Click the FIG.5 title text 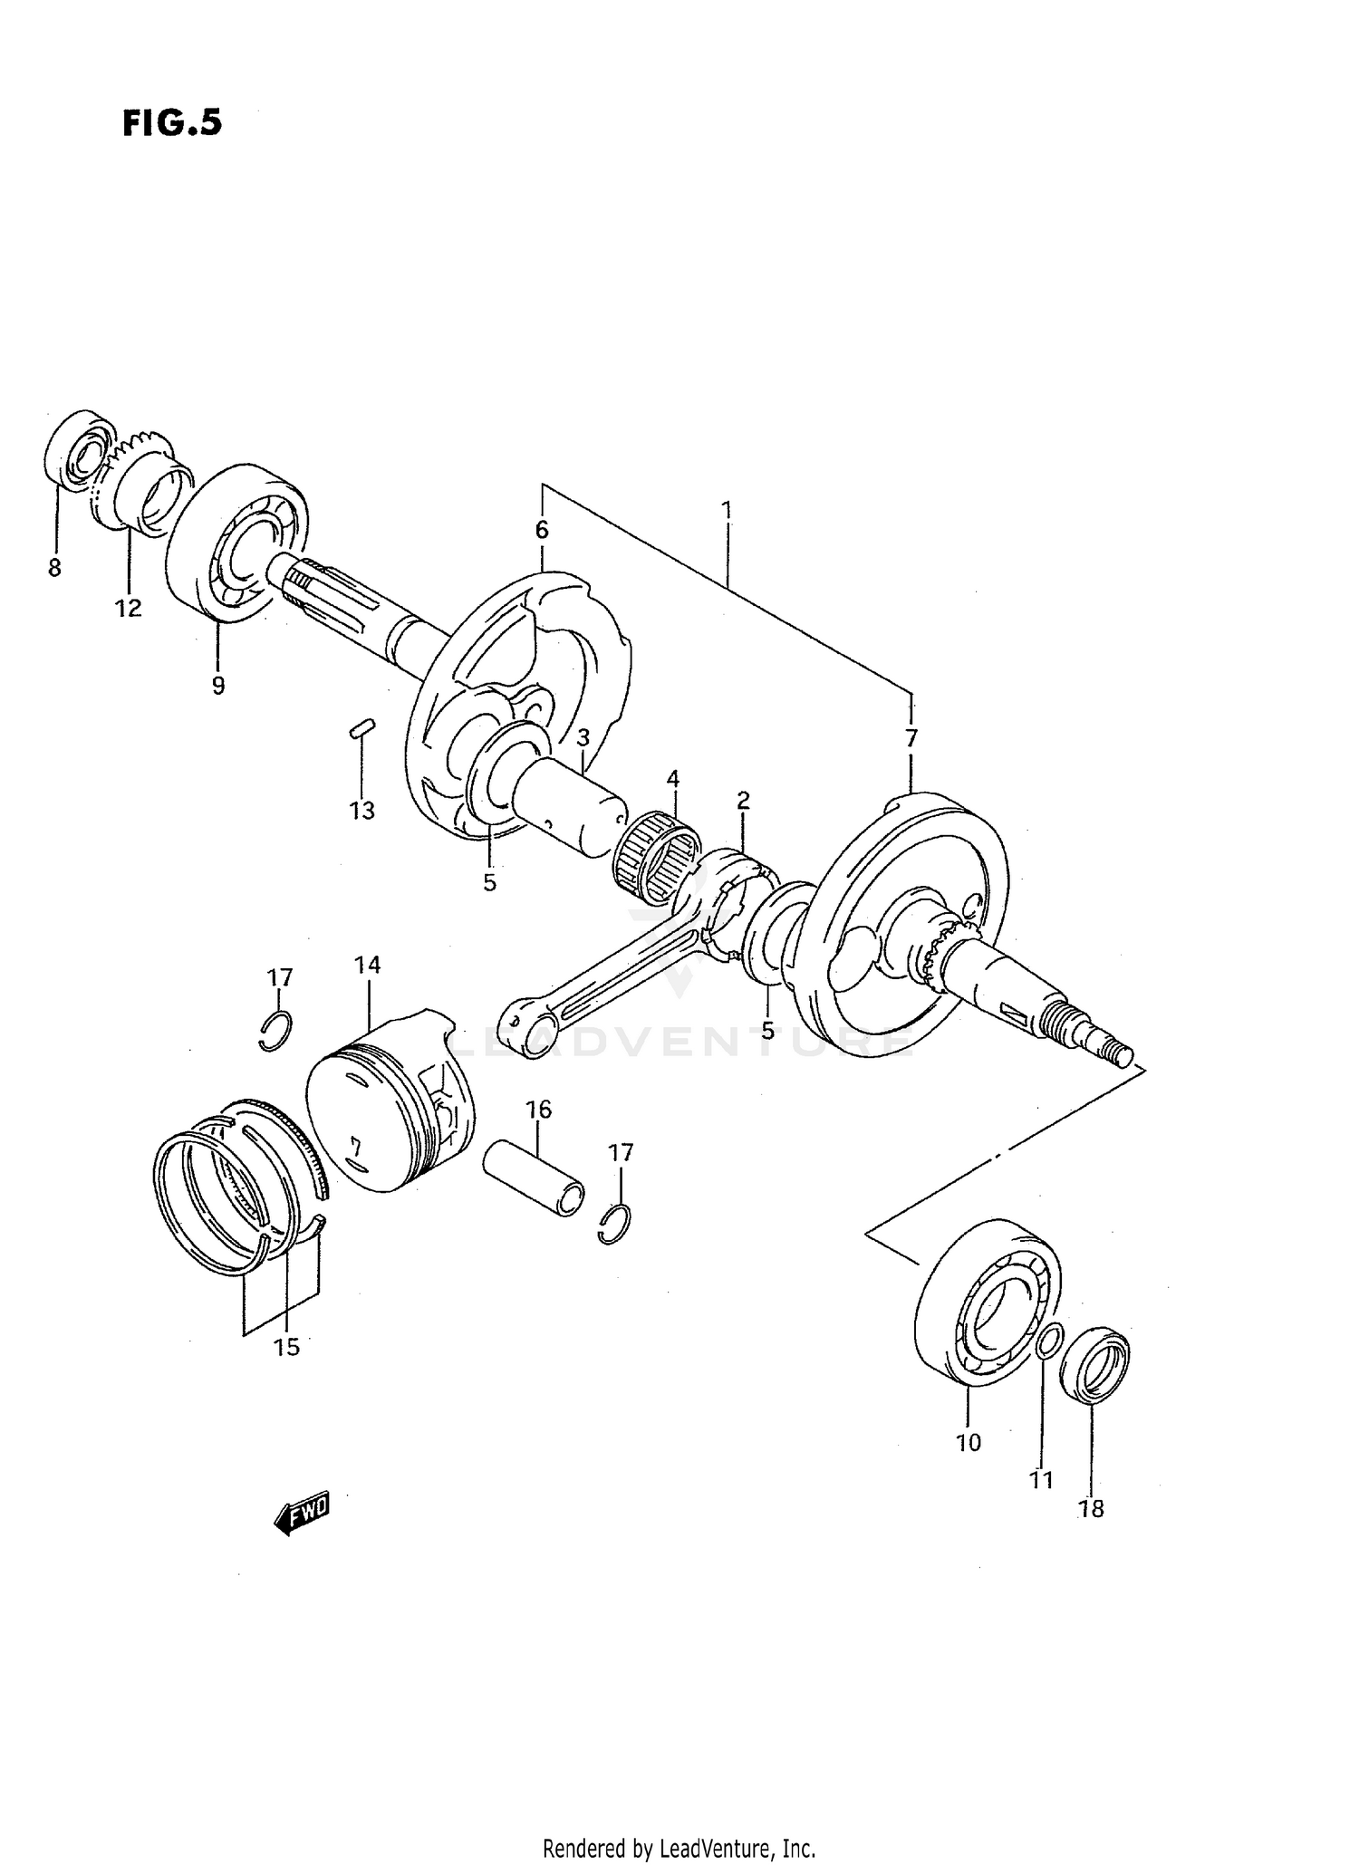[x=171, y=122]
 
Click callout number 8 [x=54, y=569]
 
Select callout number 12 [x=129, y=609]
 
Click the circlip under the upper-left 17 [x=275, y=1030]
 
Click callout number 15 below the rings [x=286, y=1347]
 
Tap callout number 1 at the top [x=727, y=509]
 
